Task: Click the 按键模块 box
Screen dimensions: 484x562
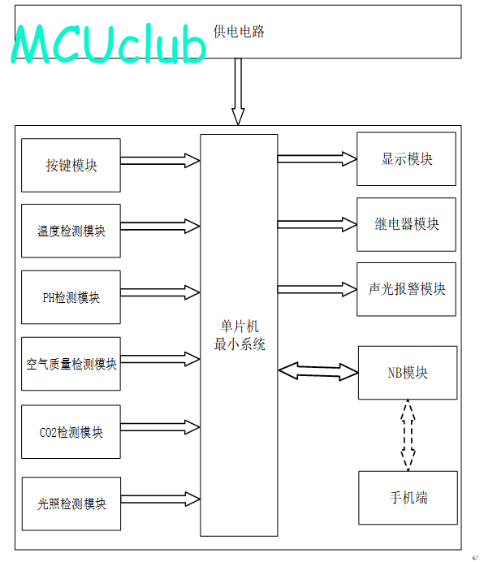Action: point(71,165)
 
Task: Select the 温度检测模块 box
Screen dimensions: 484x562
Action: point(71,231)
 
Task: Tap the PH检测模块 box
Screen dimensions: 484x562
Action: point(71,297)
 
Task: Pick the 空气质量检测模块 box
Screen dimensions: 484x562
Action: point(71,364)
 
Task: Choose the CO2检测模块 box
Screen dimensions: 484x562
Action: point(71,432)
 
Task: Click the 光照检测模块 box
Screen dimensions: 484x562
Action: point(71,504)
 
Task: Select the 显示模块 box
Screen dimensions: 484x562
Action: point(406,159)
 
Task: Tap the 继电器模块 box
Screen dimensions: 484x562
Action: point(406,224)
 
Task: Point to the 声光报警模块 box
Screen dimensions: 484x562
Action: point(406,289)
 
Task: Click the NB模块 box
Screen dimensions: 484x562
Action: point(408,373)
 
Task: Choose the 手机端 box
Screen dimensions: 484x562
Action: point(408,498)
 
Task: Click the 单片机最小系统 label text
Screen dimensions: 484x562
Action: point(240,335)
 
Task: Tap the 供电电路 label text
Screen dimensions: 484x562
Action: point(239,32)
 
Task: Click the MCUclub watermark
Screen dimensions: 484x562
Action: point(109,44)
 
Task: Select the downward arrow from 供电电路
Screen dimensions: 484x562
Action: point(238,92)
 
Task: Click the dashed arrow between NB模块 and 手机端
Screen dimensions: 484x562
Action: point(408,435)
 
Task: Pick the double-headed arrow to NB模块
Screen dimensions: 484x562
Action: point(318,371)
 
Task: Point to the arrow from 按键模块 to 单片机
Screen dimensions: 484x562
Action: point(160,161)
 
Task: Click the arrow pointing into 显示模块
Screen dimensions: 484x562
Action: point(317,159)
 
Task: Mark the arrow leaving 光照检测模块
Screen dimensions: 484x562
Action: point(160,499)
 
